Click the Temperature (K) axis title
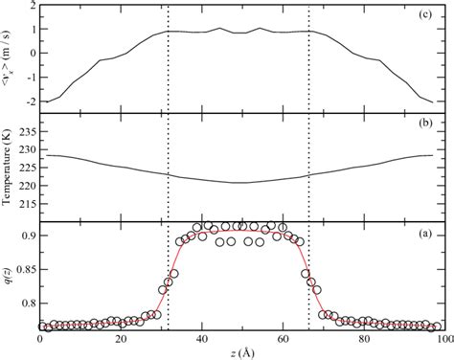pyautogui.click(x=8, y=168)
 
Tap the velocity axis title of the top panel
pyautogui.click(x=8, y=56)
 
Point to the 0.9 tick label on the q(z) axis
pyautogui.click(x=25, y=236)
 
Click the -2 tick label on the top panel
pyautogui.click(x=28, y=101)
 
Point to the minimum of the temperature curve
pyautogui.click(x=241, y=183)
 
